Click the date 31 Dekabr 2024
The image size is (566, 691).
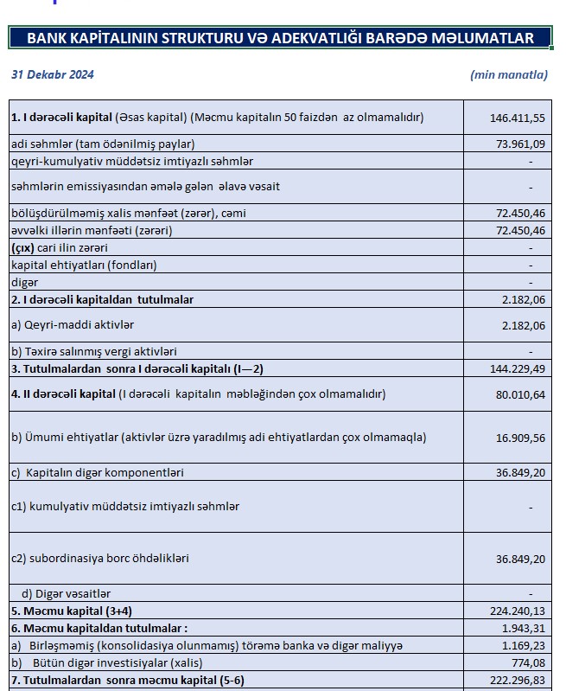point(53,74)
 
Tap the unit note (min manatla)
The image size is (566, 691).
point(509,74)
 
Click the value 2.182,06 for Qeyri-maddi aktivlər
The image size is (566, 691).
point(524,325)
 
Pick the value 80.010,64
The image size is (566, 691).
point(520,394)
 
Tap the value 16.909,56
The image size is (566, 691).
point(520,438)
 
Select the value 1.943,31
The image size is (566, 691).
point(524,628)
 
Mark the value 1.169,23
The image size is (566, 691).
point(524,645)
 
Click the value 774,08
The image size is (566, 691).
point(527,662)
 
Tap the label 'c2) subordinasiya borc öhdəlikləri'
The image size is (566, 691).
point(99,559)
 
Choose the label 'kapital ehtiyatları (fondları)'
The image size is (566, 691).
point(84,265)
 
